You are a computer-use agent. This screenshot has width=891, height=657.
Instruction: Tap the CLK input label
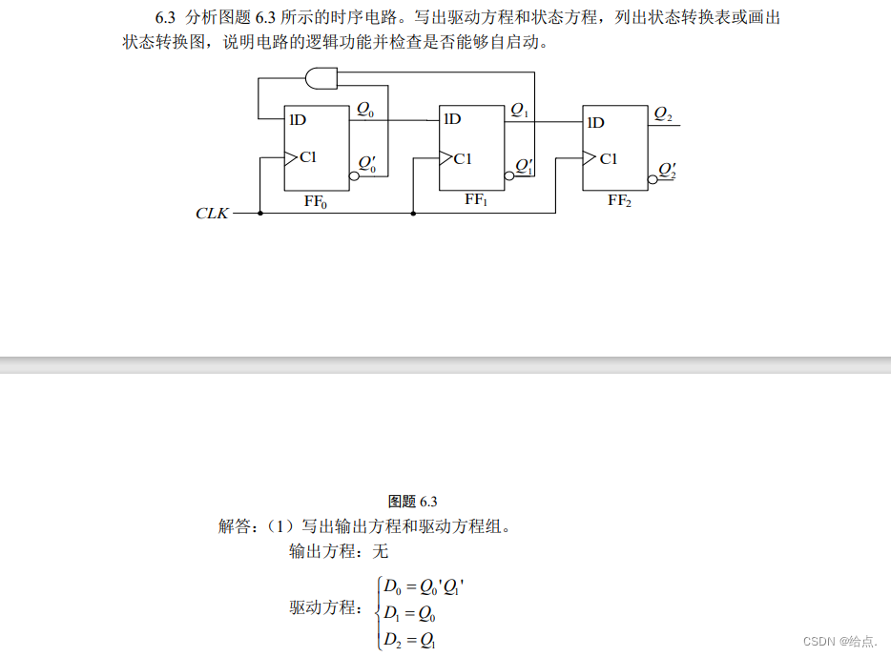click(212, 214)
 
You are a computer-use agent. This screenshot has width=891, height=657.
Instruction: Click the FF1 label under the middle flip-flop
click(476, 200)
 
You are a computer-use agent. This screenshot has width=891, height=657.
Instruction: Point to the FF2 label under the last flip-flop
click(619, 201)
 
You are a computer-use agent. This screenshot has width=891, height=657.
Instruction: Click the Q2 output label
click(663, 114)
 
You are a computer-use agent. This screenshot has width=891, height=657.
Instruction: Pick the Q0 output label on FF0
click(365, 111)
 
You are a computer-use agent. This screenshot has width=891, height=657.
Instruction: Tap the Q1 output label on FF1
click(519, 111)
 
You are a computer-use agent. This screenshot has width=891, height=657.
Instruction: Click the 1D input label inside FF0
click(298, 120)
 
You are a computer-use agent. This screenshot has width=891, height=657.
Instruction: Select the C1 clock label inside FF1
click(463, 159)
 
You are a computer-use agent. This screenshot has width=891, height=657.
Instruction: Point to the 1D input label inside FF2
click(595, 122)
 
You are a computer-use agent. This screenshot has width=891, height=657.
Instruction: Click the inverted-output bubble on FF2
click(653, 176)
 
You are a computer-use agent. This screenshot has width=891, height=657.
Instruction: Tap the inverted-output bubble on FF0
click(354, 176)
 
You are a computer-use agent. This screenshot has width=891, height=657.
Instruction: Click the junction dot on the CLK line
click(413, 214)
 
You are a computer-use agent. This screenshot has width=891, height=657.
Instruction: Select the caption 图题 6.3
click(413, 502)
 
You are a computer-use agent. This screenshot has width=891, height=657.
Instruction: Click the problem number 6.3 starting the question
click(169, 17)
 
